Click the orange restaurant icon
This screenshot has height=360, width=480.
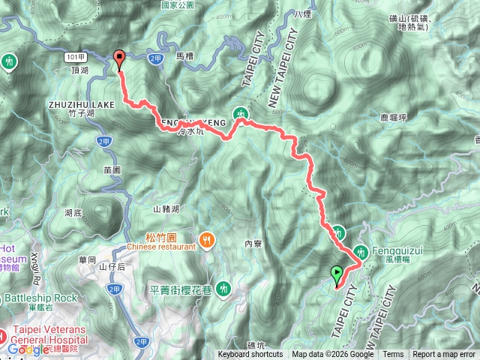coord(207,241)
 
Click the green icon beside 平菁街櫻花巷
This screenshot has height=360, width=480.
coord(223,289)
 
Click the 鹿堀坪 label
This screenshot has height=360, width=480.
coord(394,116)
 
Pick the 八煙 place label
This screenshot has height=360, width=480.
coord(302,13)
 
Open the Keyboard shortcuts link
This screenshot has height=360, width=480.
coord(250,355)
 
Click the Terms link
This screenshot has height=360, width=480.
coord(393,355)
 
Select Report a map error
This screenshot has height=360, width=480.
coord(444,355)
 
